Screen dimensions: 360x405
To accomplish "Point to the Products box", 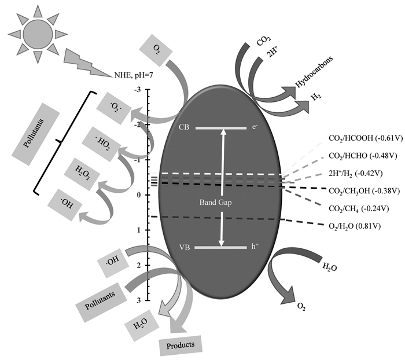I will point(181,345).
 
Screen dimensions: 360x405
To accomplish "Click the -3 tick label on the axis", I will point(137,90).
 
